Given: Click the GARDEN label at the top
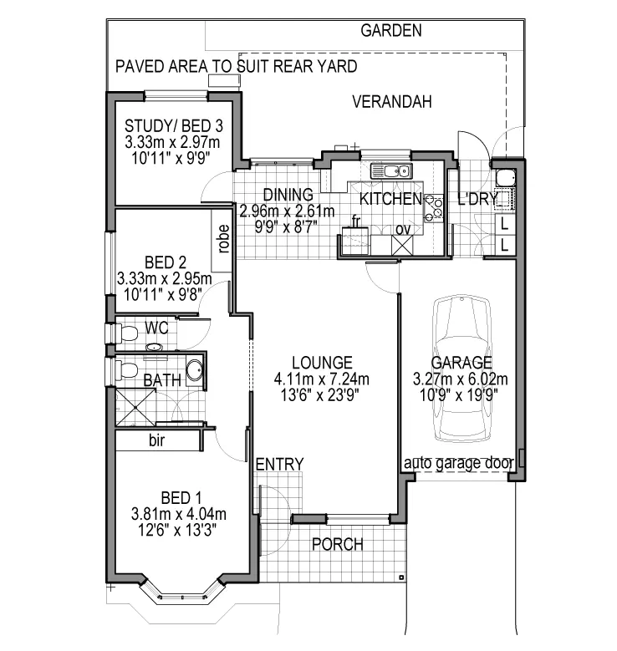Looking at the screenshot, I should (390, 31).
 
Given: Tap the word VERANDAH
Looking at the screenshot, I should (391, 103).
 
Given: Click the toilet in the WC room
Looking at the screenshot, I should (125, 333).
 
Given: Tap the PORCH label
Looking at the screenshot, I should (337, 545).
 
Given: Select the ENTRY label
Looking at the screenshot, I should (279, 465).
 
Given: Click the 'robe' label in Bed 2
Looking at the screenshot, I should (223, 239).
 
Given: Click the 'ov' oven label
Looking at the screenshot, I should (402, 229).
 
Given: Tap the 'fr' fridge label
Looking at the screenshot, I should (354, 222).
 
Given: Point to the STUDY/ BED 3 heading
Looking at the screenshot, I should (173, 126).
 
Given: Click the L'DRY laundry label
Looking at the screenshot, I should (477, 199).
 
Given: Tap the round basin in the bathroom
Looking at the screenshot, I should (193, 370).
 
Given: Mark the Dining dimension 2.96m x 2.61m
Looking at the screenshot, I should (286, 210).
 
